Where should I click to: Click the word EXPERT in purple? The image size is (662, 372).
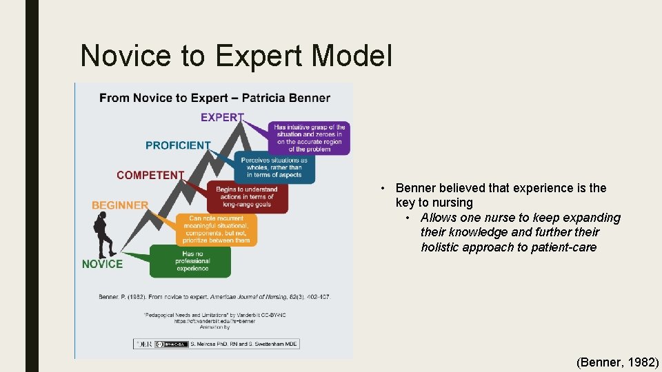(x=222, y=117)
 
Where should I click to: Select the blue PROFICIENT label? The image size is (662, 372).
(x=178, y=145)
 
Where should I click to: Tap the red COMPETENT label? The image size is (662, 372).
(x=150, y=175)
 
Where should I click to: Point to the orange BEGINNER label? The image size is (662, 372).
(x=120, y=205)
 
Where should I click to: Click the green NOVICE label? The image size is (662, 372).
(x=102, y=264)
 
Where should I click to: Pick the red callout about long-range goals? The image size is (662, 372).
(x=246, y=197)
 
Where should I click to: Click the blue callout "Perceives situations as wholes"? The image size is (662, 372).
(x=274, y=167)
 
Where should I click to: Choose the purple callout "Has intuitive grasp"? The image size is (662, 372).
(x=309, y=138)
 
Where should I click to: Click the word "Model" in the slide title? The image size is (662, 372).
(x=351, y=56)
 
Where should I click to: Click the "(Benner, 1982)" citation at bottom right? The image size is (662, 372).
(x=617, y=361)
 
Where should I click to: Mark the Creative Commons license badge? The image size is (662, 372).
(x=170, y=343)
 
